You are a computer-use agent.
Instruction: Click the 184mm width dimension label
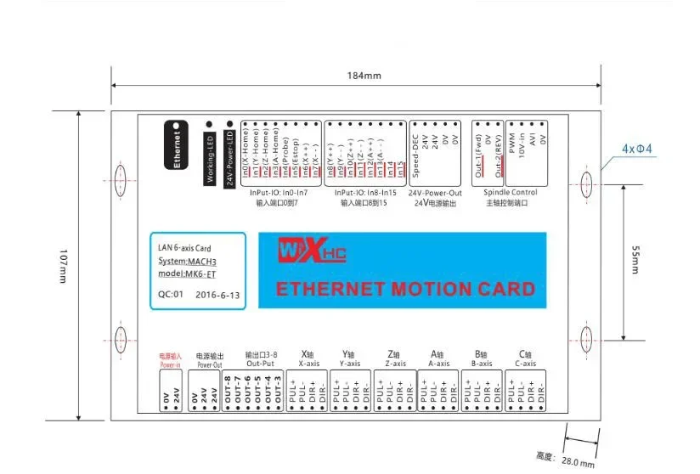pyautogui.click(x=364, y=76)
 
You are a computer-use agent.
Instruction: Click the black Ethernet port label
pyautogui.click(x=177, y=149)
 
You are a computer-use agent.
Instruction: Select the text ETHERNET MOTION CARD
pyautogui.click(x=405, y=289)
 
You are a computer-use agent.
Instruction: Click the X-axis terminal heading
pyautogui.click(x=309, y=359)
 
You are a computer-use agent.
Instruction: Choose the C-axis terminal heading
pyautogui.click(x=525, y=359)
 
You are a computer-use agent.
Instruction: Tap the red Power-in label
pyautogui.click(x=171, y=360)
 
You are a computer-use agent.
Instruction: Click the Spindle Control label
pyautogui.click(x=511, y=193)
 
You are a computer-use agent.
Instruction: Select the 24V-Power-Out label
pyautogui.click(x=435, y=193)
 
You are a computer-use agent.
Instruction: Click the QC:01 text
pyautogui.click(x=171, y=295)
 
